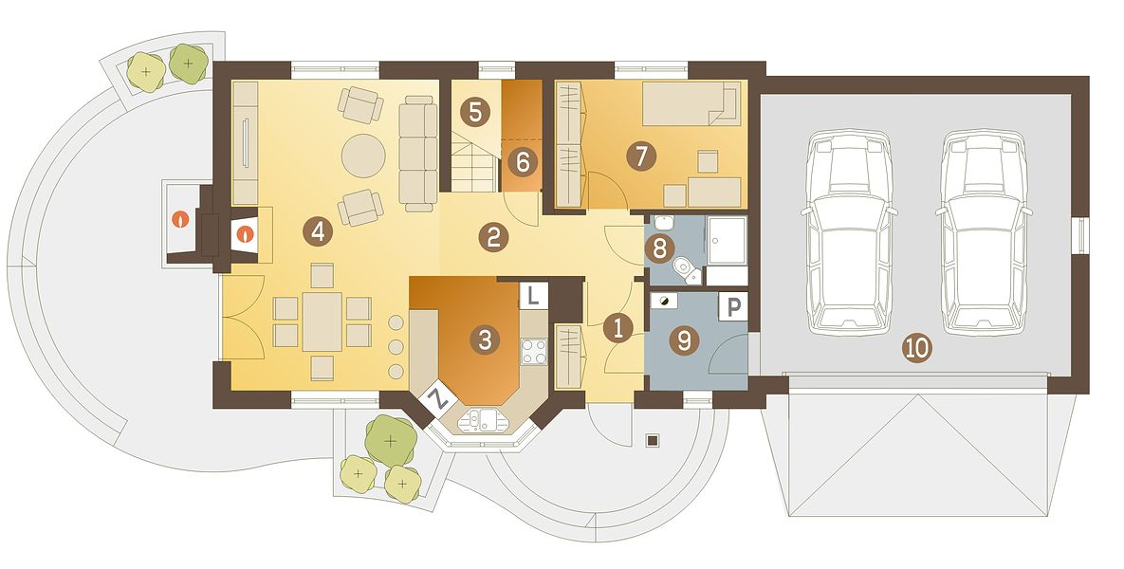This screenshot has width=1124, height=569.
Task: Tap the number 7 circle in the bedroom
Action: click(641, 156)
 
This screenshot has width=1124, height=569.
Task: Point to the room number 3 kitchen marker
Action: click(485, 339)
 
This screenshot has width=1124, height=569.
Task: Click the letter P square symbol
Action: click(732, 307)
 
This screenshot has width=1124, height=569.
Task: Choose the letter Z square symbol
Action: click(438, 399)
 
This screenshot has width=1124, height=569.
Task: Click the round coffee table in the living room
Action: click(363, 156)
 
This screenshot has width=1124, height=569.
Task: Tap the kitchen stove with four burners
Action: click(533, 351)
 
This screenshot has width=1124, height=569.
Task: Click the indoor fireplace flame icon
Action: click(246, 233)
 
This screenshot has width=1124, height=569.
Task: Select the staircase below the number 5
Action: click(474, 166)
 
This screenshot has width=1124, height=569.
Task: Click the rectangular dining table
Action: click(322, 321)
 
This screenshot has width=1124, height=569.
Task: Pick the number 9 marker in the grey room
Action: click(684, 341)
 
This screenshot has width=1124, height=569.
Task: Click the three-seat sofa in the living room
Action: click(418, 154)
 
